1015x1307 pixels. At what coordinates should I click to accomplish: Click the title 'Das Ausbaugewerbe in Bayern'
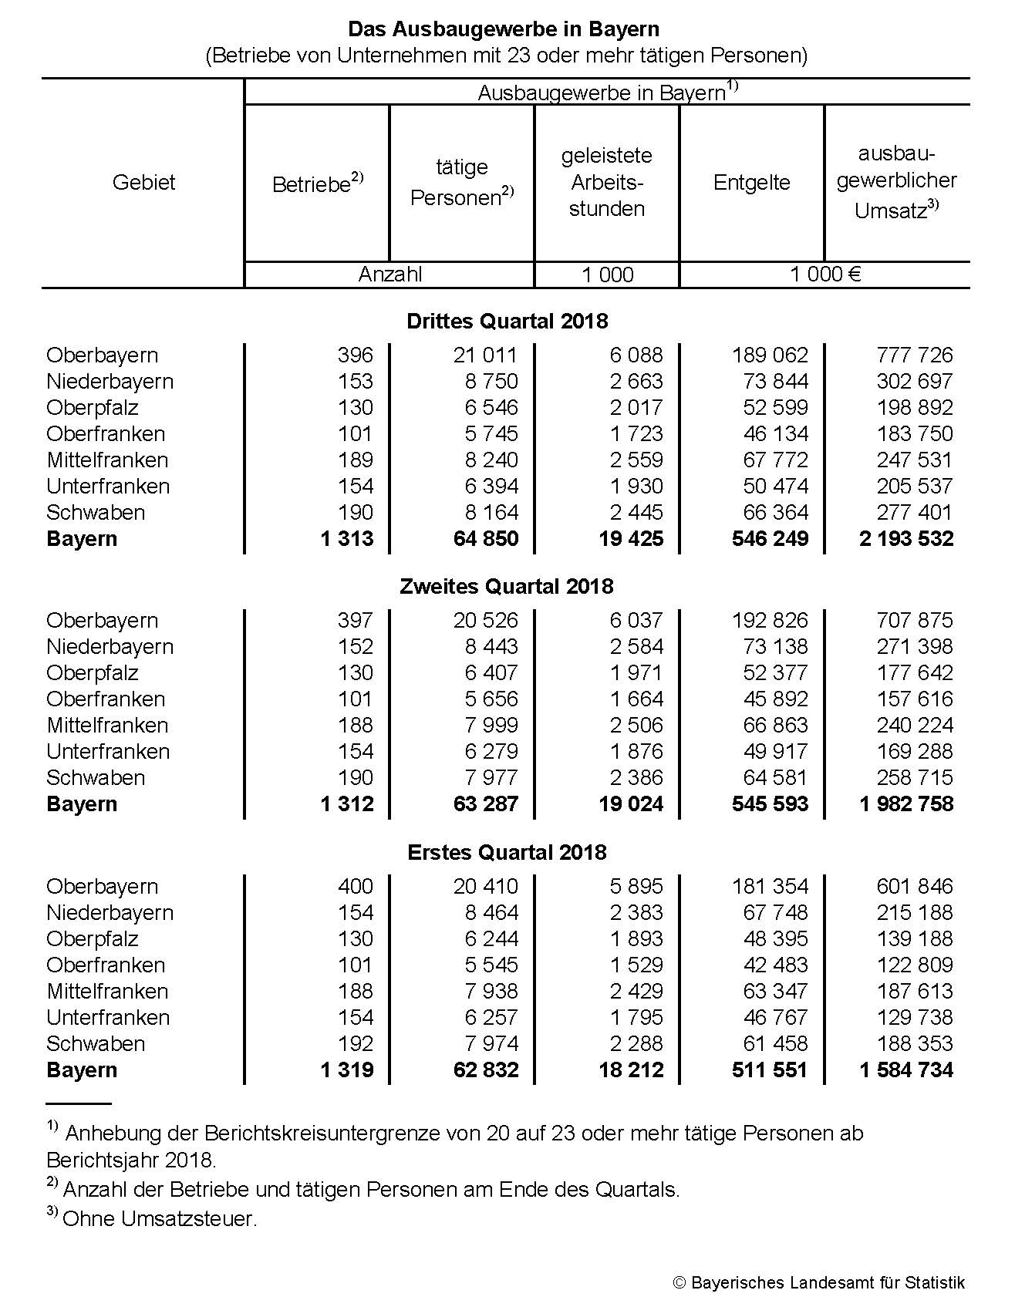point(504,29)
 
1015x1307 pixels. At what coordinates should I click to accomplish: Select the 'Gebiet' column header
point(143,183)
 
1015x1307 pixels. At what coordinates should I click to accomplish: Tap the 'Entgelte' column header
point(751,183)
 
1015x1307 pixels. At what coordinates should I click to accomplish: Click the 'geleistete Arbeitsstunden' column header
point(606,183)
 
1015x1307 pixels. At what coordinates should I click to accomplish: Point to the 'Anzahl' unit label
point(389,275)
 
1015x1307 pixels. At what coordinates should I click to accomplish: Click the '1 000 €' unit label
point(824,275)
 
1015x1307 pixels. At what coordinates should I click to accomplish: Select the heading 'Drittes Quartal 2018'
point(507,321)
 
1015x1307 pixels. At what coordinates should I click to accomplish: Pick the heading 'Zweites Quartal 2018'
point(507,586)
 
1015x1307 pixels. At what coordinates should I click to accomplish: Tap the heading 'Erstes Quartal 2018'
point(507,852)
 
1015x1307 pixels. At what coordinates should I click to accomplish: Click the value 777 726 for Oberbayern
point(914,355)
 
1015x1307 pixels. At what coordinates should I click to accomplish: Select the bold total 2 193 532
point(905,538)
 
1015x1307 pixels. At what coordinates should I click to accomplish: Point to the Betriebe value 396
point(355,355)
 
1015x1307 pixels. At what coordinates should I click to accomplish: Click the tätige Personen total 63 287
point(485,803)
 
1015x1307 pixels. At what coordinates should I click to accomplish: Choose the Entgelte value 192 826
point(769,620)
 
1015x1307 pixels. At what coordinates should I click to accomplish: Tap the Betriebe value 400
point(355,886)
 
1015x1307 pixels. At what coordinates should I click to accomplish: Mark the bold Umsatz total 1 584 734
point(905,1070)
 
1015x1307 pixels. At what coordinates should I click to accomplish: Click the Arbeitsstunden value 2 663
point(636,381)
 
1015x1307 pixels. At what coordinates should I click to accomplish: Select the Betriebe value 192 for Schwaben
point(355,1043)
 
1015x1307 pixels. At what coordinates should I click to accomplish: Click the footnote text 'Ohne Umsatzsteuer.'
point(159,1219)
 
